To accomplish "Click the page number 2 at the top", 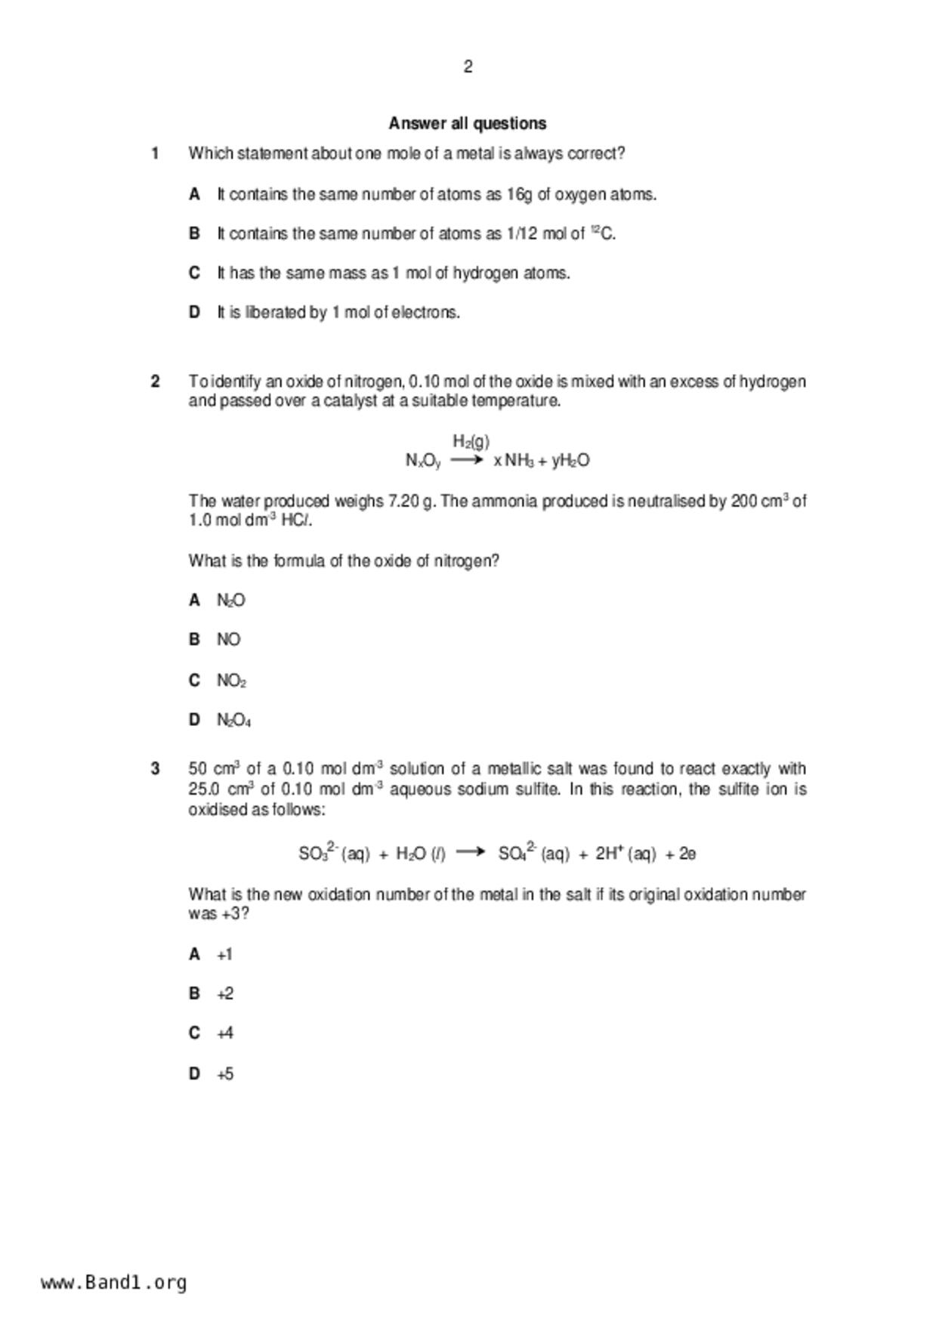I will tap(468, 67).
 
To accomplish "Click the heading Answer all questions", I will tap(468, 123).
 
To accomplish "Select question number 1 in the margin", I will tap(155, 153).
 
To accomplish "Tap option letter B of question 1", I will tap(194, 233).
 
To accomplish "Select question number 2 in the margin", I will tap(155, 381).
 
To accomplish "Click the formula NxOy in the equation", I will tap(423, 461).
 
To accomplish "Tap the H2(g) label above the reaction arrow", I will tap(471, 441).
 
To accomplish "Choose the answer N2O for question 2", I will tap(230, 601).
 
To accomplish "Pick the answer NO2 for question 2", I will tap(231, 681).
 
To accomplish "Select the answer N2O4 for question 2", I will tap(233, 720).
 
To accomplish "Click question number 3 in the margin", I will tap(155, 769).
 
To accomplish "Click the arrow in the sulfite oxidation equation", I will tap(471, 852).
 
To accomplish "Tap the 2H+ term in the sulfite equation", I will tap(609, 854).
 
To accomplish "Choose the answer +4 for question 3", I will tap(225, 1033).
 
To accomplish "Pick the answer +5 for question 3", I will tap(225, 1073).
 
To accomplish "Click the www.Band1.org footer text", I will tap(113, 1282).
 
